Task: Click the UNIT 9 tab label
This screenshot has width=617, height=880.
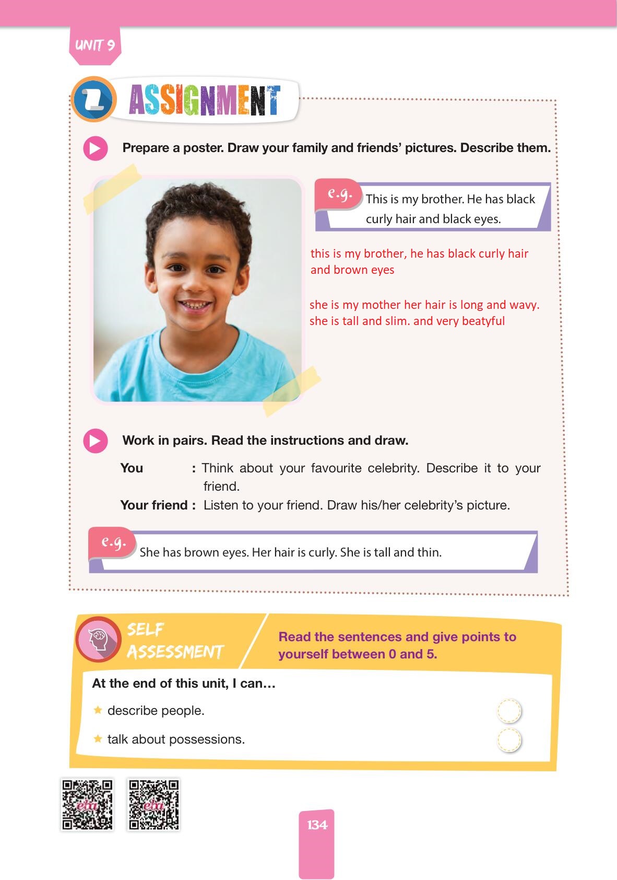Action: [94, 45]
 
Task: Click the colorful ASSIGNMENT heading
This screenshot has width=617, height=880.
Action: [204, 100]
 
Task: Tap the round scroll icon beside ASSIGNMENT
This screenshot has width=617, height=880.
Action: [93, 99]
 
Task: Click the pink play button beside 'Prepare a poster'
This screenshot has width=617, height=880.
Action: [96, 148]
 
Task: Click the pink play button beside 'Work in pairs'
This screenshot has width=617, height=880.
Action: [96, 441]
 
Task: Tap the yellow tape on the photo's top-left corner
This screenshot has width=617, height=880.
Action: [112, 188]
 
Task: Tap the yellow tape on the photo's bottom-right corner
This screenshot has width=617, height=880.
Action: [291, 391]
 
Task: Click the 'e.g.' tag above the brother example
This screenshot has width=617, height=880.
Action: [339, 194]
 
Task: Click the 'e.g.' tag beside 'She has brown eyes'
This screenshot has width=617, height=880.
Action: [113, 542]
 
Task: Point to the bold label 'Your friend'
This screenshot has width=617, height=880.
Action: [154, 505]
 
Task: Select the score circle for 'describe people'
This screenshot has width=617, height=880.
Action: [509, 711]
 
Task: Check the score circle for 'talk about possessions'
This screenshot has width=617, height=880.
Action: [509, 740]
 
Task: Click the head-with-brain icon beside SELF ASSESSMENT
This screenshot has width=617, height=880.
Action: [98, 639]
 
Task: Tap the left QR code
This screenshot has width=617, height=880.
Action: [87, 805]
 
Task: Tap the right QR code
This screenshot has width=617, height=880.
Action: [154, 805]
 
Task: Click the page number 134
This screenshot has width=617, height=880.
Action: [317, 825]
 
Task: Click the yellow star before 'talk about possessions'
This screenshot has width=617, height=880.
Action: [98, 739]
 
